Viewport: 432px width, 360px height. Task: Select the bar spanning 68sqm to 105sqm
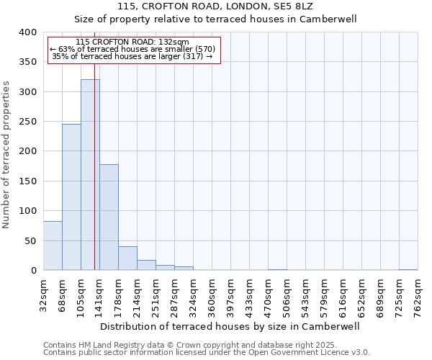71,197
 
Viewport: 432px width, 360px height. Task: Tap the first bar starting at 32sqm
53,246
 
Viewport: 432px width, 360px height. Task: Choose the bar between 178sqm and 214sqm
127,258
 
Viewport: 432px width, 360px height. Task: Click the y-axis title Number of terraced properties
7,154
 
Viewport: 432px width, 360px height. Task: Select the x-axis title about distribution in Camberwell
230,326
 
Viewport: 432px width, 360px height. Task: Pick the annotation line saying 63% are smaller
132,49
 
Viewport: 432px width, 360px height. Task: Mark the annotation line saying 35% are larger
132,56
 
